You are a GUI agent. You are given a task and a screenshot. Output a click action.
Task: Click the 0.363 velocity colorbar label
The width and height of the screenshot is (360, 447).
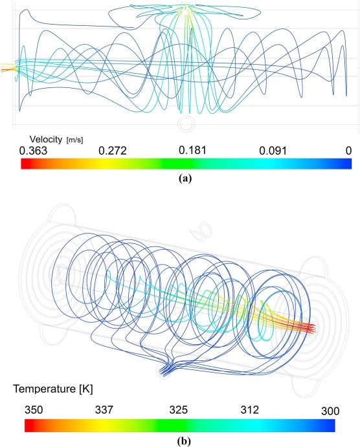(x=33, y=151)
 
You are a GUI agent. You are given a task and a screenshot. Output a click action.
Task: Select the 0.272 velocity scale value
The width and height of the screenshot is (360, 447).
(x=113, y=151)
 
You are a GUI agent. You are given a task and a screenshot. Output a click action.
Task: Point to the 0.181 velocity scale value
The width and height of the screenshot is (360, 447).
(x=192, y=150)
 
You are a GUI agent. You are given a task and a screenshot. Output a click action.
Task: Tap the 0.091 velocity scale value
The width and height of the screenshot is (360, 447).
(x=273, y=151)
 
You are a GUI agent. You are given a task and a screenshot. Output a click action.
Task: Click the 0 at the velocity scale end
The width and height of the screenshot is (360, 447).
(x=348, y=151)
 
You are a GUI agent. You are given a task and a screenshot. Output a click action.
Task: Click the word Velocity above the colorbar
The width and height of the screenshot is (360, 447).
(x=45, y=139)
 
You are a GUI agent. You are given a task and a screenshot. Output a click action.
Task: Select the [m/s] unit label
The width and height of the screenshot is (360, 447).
(x=74, y=140)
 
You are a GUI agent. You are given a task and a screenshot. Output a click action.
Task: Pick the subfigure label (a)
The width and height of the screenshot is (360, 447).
(x=185, y=179)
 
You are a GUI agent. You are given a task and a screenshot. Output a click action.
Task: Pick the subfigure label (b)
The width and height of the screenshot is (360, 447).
(x=184, y=442)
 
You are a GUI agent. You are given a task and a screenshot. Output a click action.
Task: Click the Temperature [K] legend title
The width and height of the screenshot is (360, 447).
(x=53, y=389)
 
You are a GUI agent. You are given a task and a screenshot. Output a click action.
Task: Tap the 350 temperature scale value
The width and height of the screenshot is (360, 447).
(x=34, y=410)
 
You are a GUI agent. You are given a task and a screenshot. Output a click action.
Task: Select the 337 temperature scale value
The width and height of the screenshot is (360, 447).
(x=104, y=410)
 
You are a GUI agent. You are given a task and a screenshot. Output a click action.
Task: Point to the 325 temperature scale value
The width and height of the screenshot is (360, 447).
(x=179, y=410)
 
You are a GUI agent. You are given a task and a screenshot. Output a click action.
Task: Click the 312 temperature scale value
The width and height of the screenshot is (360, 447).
(x=250, y=410)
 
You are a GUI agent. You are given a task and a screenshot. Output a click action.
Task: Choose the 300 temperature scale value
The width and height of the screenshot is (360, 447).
(x=330, y=411)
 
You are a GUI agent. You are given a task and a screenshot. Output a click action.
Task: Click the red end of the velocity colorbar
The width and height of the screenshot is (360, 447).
(x=24, y=164)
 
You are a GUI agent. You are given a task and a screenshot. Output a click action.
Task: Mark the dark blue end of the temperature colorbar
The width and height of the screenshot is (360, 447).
(x=331, y=426)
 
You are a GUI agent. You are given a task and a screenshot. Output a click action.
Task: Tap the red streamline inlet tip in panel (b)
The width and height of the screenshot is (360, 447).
(x=314, y=329)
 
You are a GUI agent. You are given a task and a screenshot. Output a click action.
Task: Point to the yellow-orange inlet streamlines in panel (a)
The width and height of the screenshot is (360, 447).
(x=7, y=67)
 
